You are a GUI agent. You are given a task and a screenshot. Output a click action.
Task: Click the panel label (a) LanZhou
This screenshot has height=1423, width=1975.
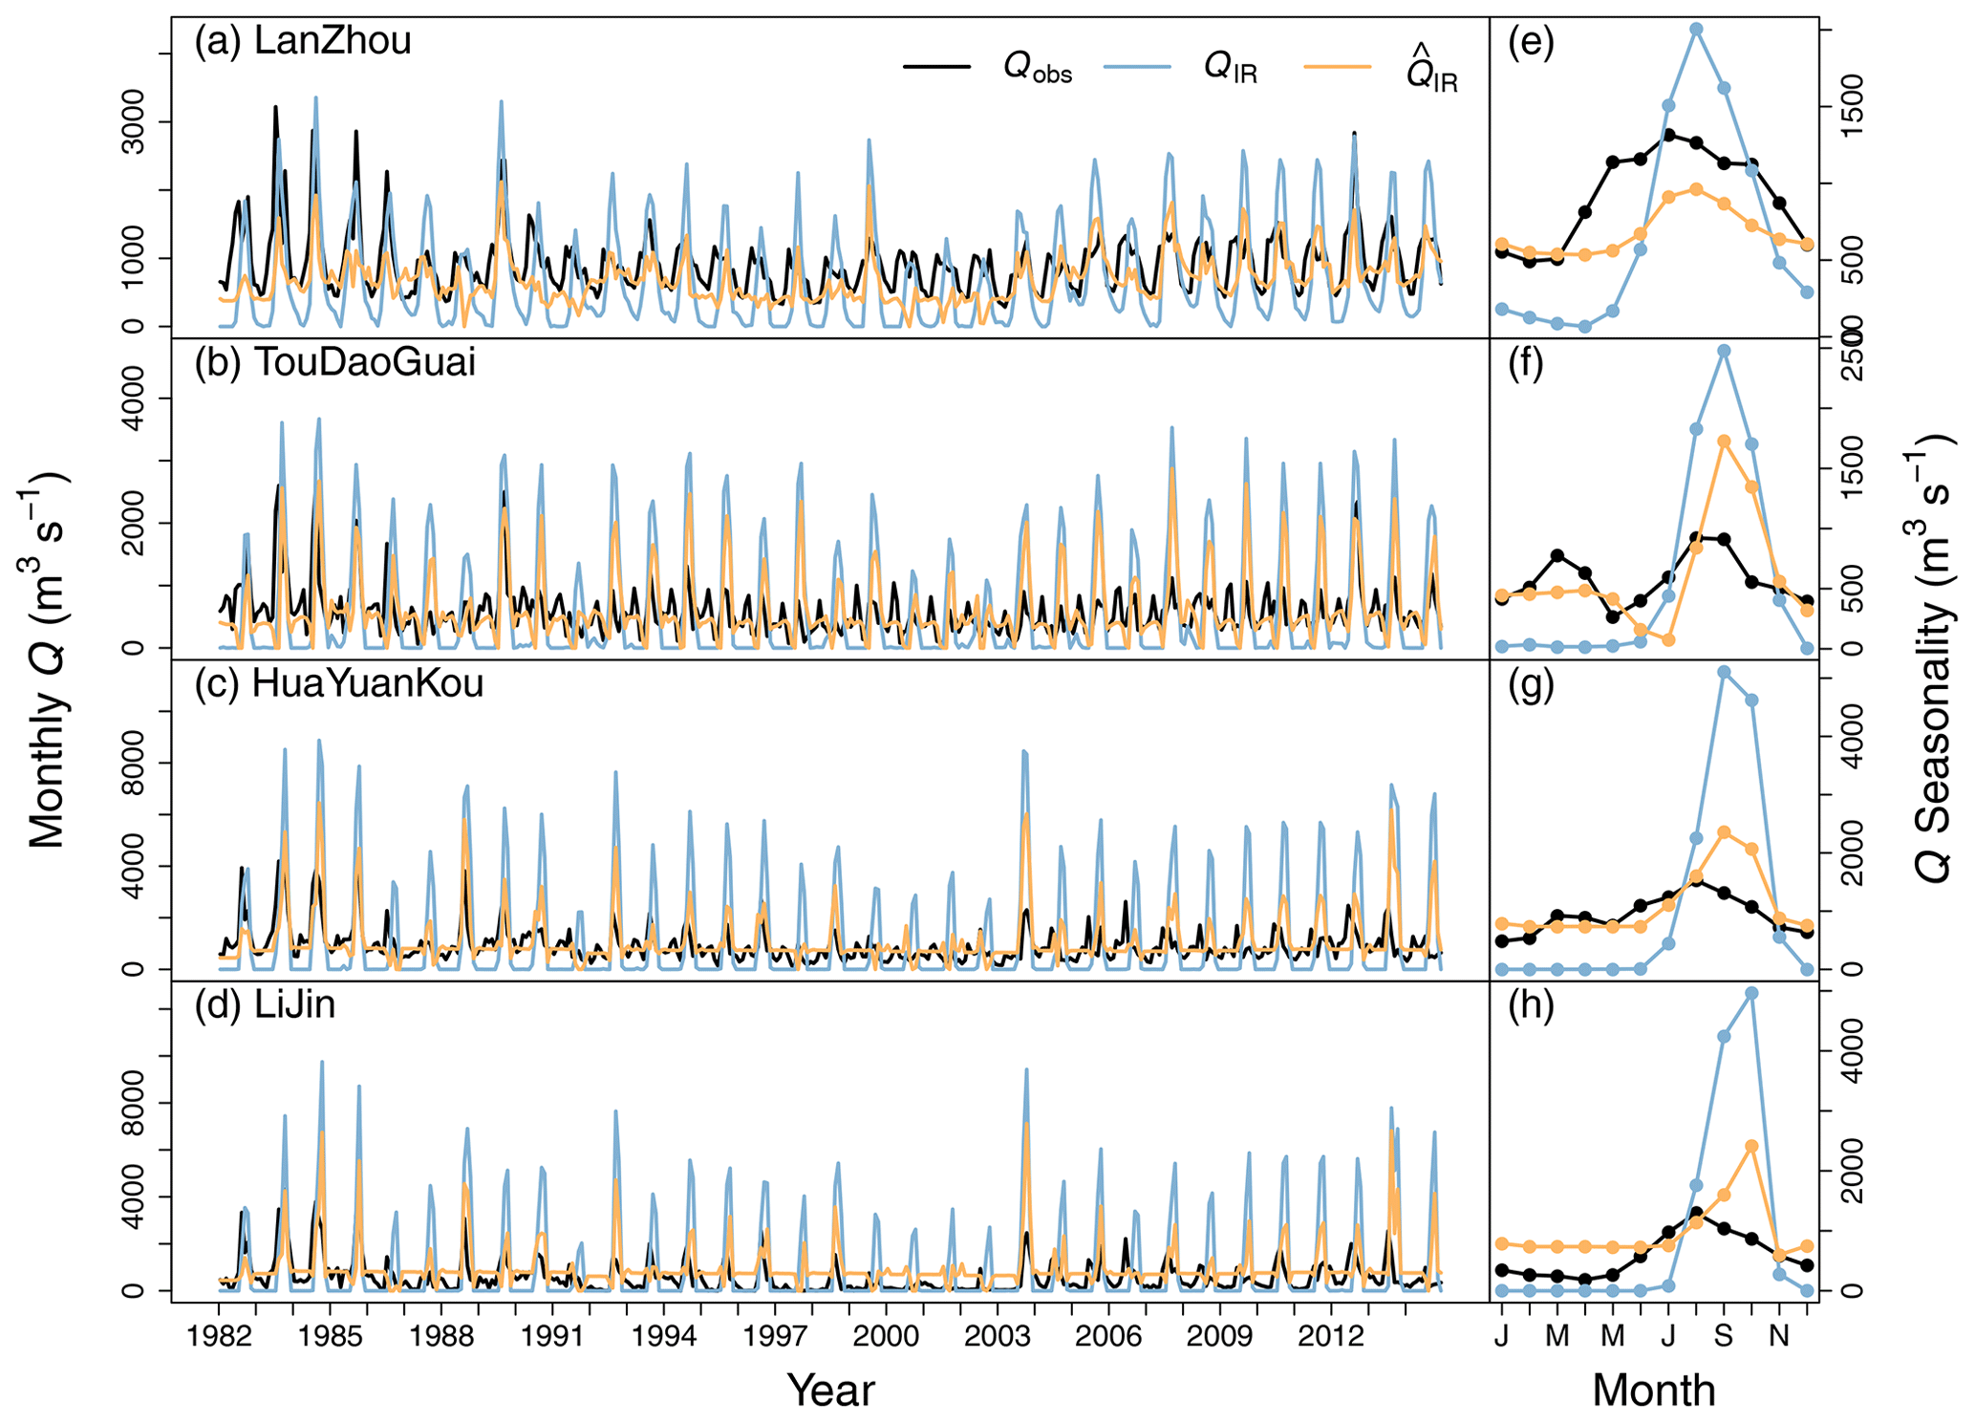click(x=303, y=42)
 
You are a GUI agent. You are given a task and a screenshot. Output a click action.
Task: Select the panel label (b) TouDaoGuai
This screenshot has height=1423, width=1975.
click(x=334, y=363)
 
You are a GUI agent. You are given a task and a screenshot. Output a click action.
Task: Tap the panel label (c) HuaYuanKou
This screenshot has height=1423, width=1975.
click(x=338, y=684)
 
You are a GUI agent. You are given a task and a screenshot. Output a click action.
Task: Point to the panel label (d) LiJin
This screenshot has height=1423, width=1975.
click(x=265, y=1005)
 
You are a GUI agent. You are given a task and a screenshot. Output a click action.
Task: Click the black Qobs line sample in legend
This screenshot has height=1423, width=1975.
click(x=936, y=67)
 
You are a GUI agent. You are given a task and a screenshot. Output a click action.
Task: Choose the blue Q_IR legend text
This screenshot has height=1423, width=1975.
click(x=1231, y=69)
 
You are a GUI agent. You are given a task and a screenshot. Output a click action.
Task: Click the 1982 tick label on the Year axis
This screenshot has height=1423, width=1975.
click(x=219, y=1335)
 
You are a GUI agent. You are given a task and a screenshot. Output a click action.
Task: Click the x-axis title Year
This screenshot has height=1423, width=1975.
click(x=830, y=1391)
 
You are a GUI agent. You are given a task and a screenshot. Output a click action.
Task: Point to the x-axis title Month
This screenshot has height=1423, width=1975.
click(x=1653, y=1391)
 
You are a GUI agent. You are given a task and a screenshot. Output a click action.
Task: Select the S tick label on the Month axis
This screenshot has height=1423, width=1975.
click(x=1723, y=1335)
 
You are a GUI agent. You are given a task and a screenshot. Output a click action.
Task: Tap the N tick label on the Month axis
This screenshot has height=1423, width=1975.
click(x=1778, y=1335)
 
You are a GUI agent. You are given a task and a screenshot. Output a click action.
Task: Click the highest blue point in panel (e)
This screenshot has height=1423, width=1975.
click(x=1696, y=29)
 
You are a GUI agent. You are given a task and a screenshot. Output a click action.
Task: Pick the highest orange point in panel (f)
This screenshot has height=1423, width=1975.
click(x=1724, y=441)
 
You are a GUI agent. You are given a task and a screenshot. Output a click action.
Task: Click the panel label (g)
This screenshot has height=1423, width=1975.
click(x=1531, y=684)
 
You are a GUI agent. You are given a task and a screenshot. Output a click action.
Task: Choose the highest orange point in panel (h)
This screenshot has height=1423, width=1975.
click(x=1751, y=1145)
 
